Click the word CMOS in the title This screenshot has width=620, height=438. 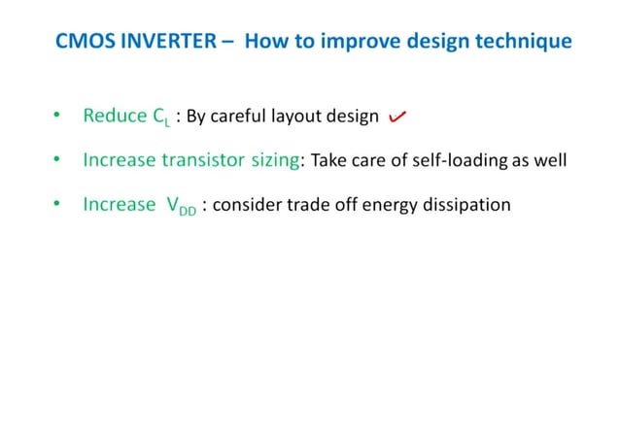[x=77, y=43]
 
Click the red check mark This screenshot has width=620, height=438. [x=396, y=118]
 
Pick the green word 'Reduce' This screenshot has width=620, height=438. [x=114, y=117]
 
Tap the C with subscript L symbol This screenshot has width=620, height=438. [x=161, y=118]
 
